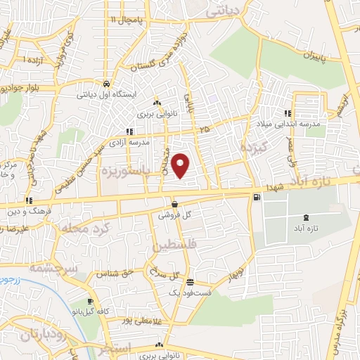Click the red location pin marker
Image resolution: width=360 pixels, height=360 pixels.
point(182,166)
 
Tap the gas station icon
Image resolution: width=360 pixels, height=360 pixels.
point(255,198)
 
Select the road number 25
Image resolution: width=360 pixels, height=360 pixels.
point(204,130)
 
